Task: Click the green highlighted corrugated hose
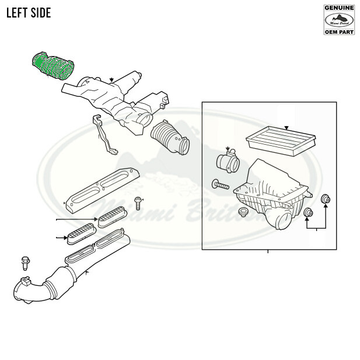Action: tap(53, 65)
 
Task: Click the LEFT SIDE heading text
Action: tap(29, 13)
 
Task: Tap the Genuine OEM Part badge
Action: tap(339, 19)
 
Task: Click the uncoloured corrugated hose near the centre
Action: tap(169, 138)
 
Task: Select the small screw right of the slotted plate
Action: tap(138, 202)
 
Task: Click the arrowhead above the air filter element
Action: tap(286, 127)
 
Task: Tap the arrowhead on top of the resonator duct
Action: tap(111, 79)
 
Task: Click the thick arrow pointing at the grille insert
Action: tap(60, 237)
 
